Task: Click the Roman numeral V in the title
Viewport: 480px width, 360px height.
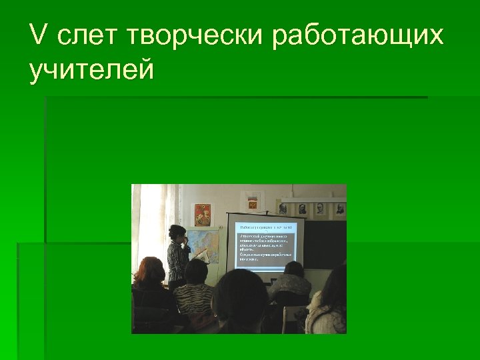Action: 38,36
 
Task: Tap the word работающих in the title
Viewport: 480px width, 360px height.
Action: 357,37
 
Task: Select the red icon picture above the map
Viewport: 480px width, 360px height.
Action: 202,214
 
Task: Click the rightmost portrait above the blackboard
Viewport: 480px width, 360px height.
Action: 339,209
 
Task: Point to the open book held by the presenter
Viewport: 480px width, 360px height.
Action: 201,255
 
